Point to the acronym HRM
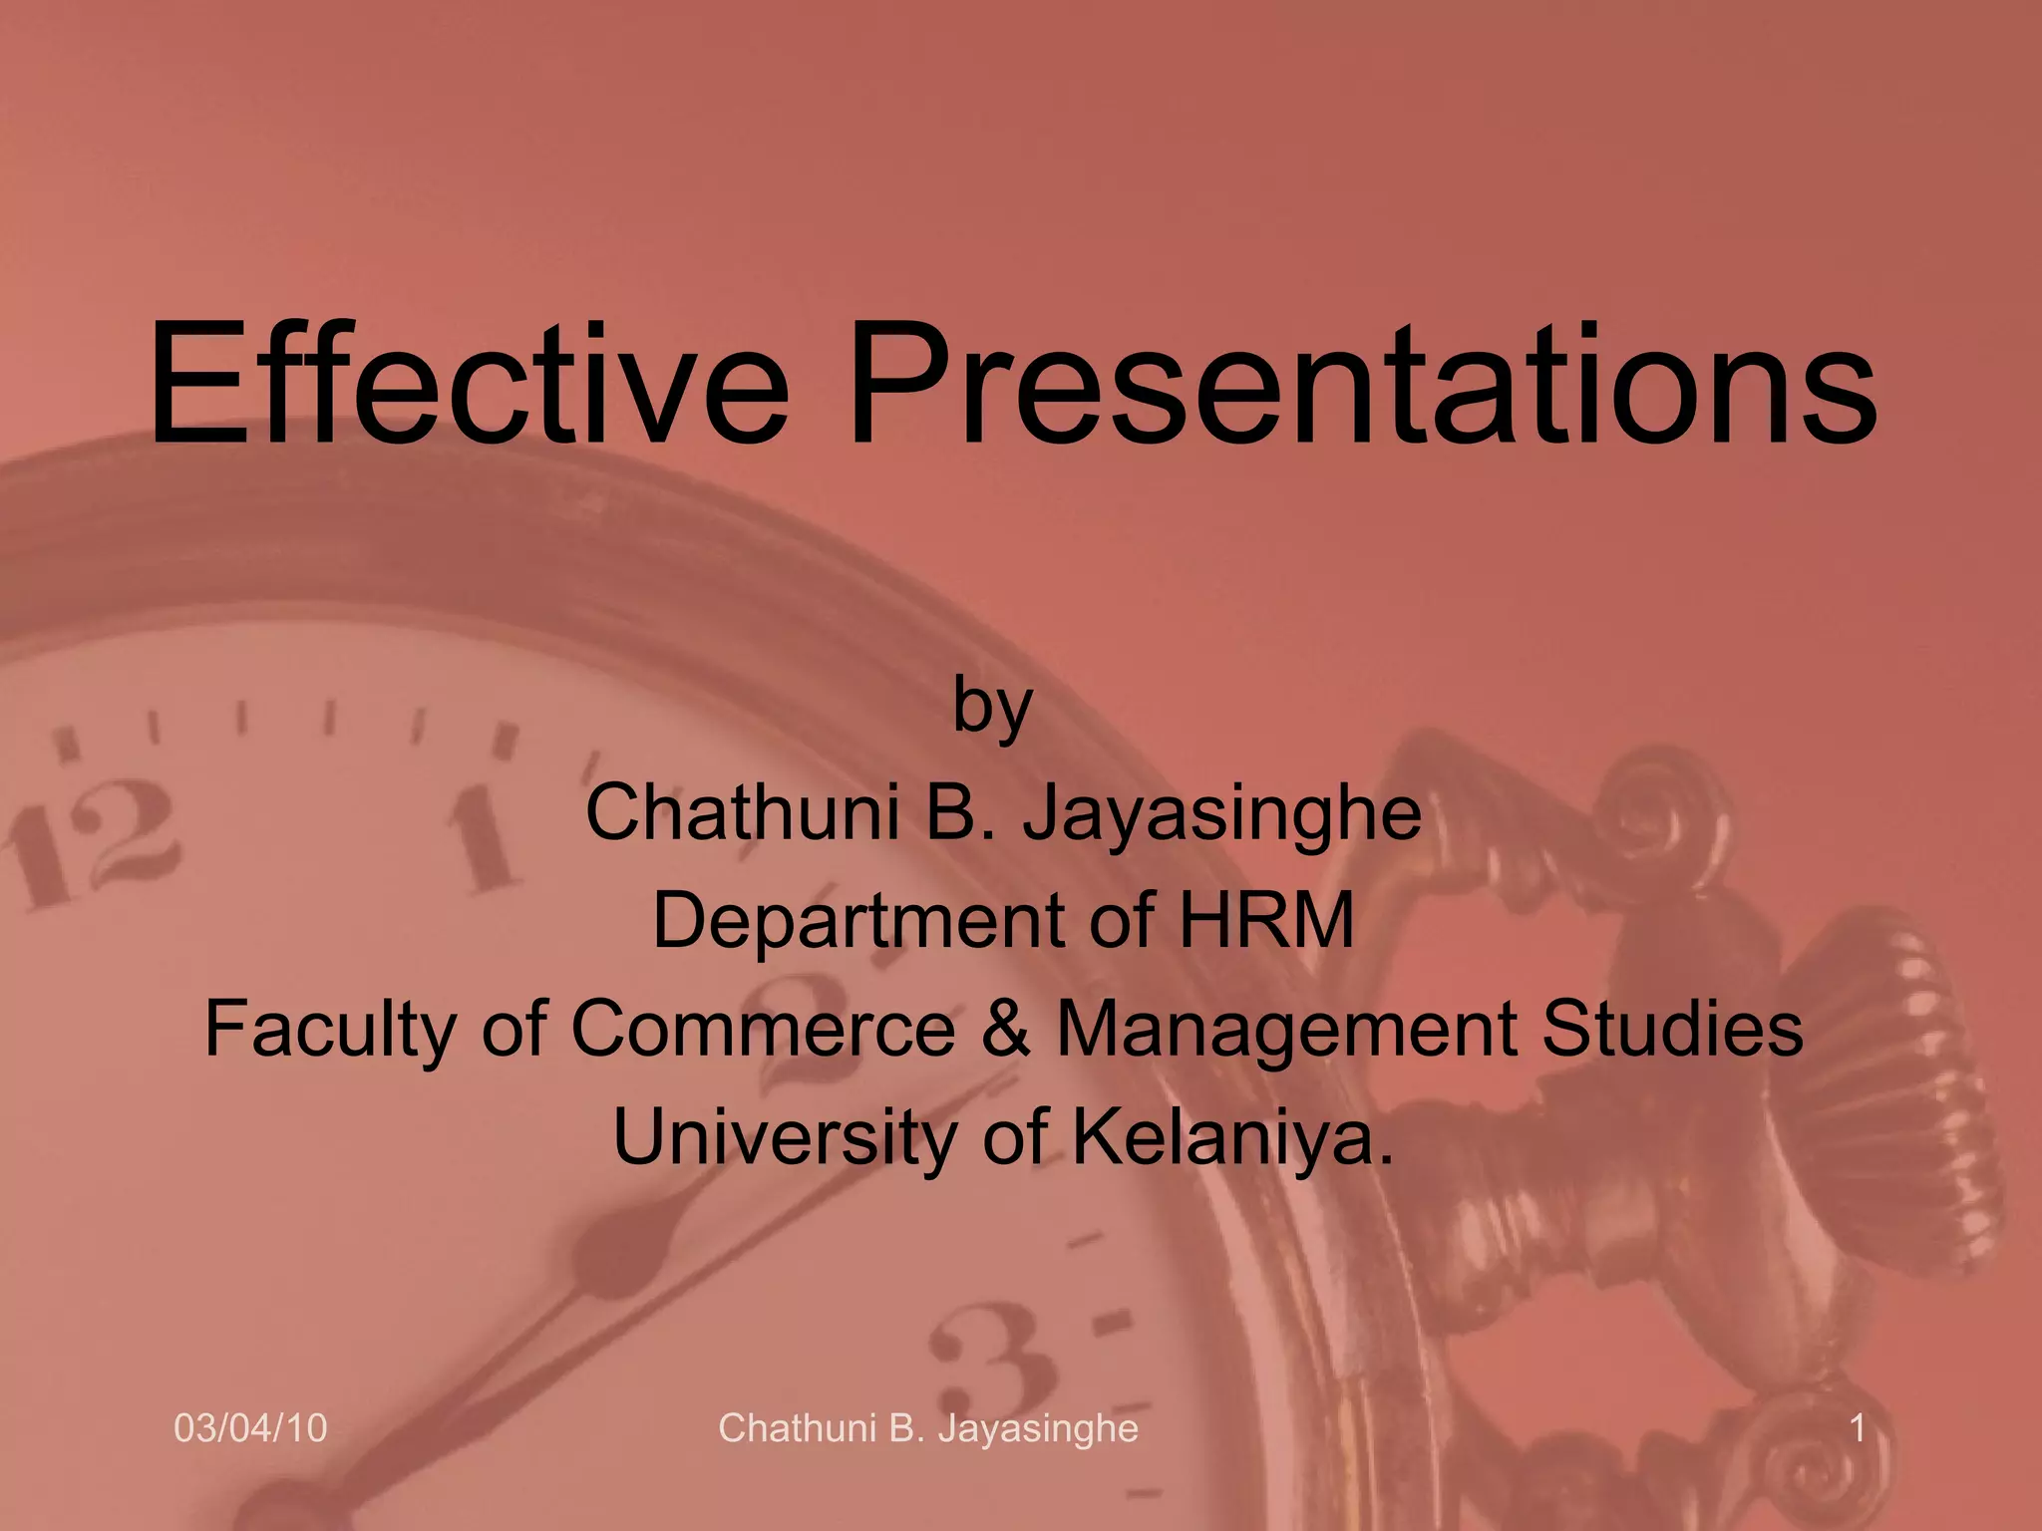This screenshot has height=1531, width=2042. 1266,919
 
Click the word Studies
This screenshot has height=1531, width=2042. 1672,1029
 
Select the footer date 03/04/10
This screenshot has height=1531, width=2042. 250,1428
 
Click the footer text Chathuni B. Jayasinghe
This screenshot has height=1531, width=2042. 927,1428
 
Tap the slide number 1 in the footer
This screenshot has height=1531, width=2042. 1857,1428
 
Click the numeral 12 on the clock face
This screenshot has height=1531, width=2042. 95,842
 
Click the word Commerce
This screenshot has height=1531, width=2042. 763,1029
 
